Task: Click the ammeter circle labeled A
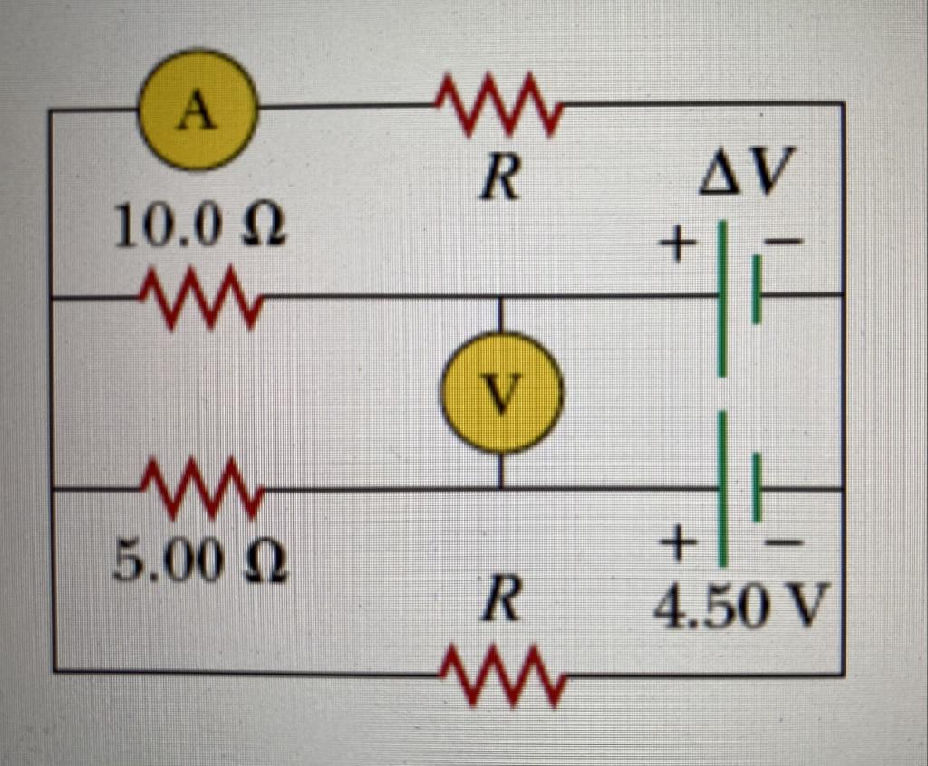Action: tap(198, 110)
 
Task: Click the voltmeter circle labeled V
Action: tap(501, 392)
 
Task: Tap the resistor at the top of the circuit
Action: tap(499, 106)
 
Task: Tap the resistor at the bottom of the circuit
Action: tap(503, 675)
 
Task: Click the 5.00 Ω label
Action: tap(200, 564)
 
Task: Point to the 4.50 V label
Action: tap(742, 608)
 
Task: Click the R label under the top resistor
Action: tap(500, 178)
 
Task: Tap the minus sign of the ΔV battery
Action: tap(785, 242)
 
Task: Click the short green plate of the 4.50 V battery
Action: tap(757, 489)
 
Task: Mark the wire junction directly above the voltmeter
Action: tap(501, 296)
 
